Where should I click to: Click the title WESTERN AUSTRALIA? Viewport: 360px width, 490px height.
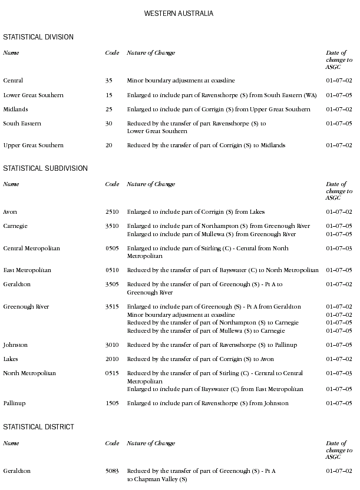(x=179, y=13)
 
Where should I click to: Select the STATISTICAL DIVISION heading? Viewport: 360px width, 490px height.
(x=38, y=37)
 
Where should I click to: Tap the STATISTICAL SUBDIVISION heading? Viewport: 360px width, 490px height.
(x=45, y=168)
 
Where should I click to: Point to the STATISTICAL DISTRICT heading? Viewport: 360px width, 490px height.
(x=39, y=426)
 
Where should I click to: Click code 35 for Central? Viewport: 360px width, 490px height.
(x=109, y=81)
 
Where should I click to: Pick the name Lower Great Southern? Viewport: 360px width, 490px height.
(x=34, y=95)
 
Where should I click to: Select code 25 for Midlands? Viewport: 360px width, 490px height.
(x=109, y=110)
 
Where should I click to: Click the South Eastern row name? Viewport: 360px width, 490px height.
(x=22, y=124)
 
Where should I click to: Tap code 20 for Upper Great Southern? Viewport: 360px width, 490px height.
(x=109, y=145)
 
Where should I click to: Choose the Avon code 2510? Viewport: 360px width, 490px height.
(x=112, y=212)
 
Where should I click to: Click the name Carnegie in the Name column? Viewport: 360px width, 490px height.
(x=15, y=226)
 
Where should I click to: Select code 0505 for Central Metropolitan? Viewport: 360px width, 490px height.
(x=113, y=249)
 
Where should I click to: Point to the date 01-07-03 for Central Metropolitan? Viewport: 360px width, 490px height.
(x=339, y=249)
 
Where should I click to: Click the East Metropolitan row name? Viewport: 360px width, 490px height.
(x=27, y=270)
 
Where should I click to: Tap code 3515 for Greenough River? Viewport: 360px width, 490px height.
(x=112, y=307)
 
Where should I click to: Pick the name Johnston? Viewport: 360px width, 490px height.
(x=15, y=345)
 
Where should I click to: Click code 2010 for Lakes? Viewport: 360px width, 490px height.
(x=112, y=359)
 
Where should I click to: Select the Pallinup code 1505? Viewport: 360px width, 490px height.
(x=112, y=403)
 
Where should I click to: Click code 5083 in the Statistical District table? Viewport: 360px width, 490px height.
(x=113, y=471)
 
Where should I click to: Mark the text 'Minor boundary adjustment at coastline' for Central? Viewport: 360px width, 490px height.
(x=181, y=81)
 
